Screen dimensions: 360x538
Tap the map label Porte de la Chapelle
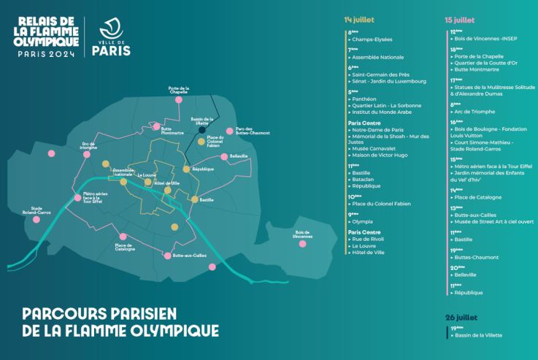(178, 90)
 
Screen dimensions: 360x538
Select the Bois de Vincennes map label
(302, 233)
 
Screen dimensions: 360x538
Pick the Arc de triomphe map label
(89, 145)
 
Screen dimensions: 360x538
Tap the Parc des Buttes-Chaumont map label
(253, 132)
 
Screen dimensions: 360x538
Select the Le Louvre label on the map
(146, 175)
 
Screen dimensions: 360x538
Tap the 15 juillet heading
(459, 20)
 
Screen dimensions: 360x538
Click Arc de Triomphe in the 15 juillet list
(474, 111)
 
